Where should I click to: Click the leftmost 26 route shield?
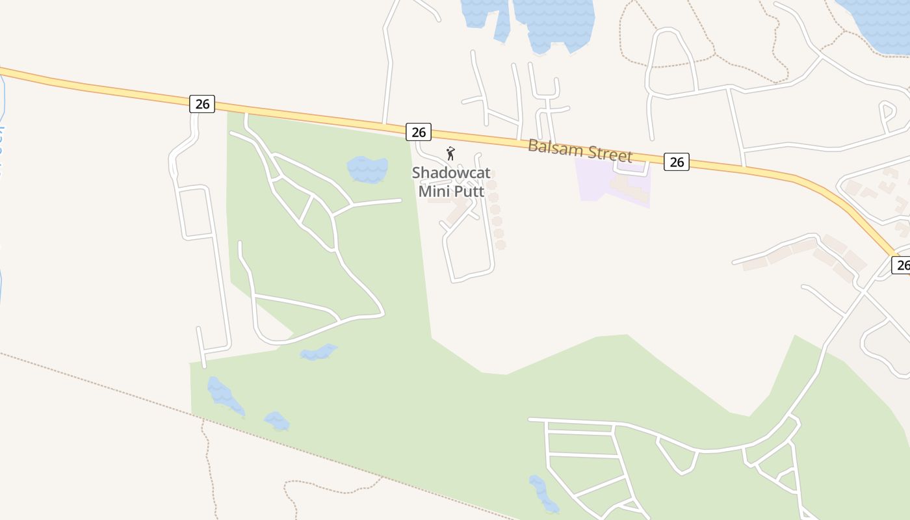[x=202, y=103]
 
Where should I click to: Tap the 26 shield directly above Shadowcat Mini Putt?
[x=419, y=132]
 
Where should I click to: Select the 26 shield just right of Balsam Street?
[x=677, y=162]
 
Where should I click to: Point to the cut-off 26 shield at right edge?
[x=902, y=265]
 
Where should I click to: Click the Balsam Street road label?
[x=579, y=151]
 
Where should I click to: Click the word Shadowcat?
[x=451, y=174]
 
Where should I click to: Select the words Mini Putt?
[x=451, y=191]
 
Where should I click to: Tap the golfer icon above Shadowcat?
[x=450, y=153]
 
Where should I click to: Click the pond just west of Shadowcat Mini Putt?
[x=367, y=169]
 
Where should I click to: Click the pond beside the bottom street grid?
[x=543, y=494]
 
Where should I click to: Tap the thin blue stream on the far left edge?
[x=3, y=195]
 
